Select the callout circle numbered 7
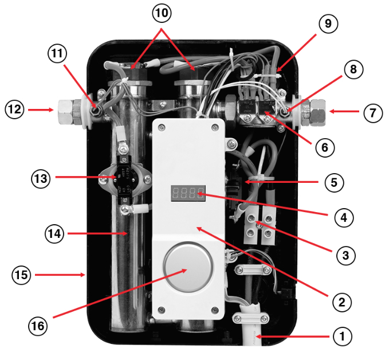(x=372, y=113)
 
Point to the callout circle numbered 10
(x=161, y=11)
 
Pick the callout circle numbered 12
(x=15, y=108)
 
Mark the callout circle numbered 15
(x=22, y=275)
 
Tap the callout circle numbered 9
(x=328, y=24)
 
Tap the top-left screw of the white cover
(x=161, y=128)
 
